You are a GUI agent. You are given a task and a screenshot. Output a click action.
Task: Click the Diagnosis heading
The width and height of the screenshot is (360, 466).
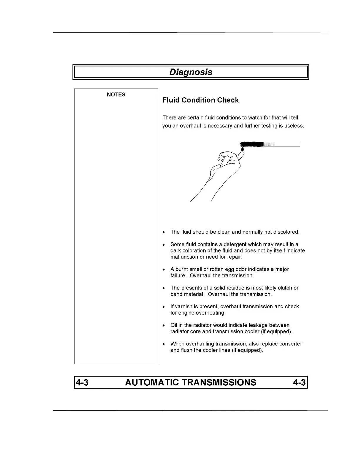[191, 72]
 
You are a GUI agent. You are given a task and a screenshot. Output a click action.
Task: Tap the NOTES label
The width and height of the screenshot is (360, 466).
[116, 94]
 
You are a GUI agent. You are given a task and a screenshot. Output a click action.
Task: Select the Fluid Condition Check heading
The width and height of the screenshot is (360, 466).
[201, 100]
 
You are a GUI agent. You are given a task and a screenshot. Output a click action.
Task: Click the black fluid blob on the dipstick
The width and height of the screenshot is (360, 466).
[252, 144]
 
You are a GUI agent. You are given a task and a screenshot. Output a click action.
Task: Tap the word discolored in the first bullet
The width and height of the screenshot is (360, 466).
[286, 232]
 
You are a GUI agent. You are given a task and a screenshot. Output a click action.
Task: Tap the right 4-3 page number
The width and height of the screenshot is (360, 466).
[299, 382]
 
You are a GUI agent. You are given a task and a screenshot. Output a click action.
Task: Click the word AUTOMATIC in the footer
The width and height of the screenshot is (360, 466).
[152, 382]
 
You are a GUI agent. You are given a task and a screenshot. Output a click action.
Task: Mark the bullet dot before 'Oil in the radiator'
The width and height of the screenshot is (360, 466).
[164, 326]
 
